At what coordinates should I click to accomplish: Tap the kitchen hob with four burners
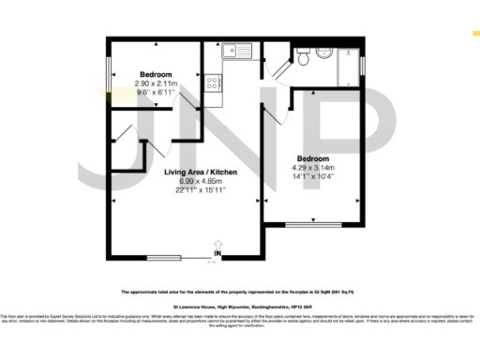tap(214, 82)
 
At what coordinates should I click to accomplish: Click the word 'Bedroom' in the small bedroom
tap(156, 74)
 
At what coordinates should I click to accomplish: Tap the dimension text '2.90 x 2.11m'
tap(156, 82)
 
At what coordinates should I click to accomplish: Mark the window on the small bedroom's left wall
tap(111, 72)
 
